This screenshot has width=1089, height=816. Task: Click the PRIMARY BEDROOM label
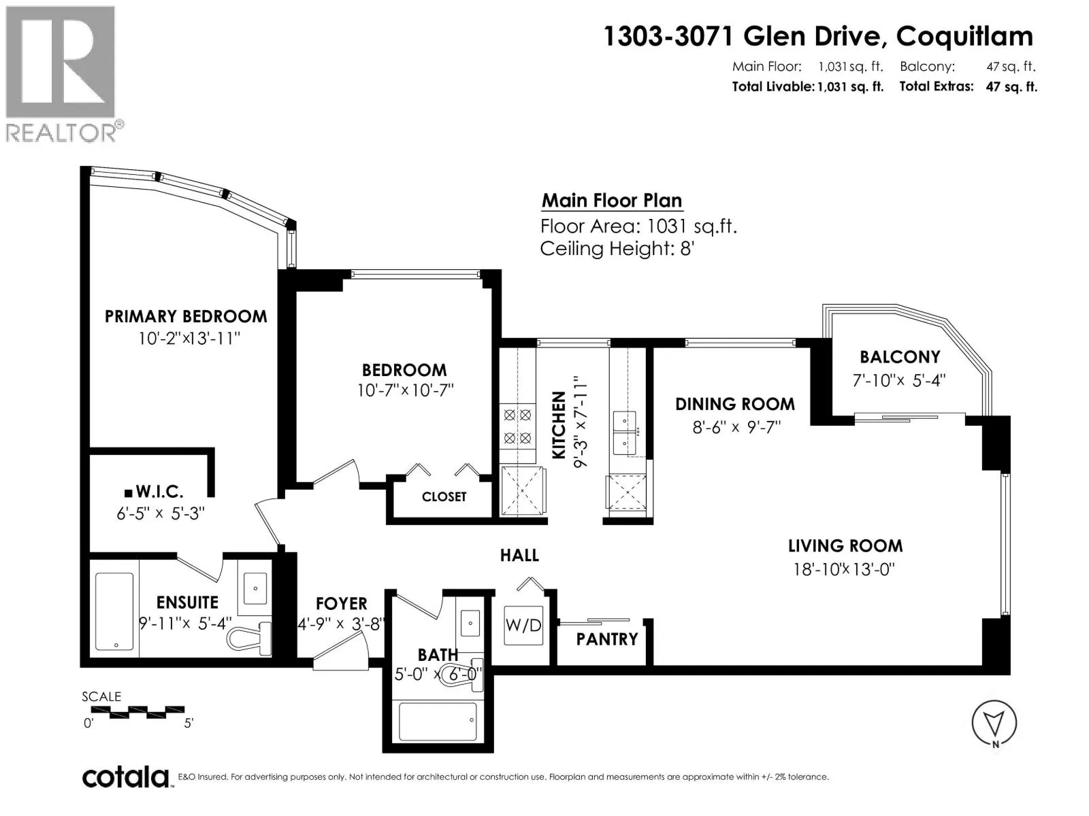(x=186, y=316)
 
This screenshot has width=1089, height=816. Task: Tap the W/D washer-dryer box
(x=523, y=625)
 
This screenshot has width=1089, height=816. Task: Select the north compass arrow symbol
(x=994, y=724)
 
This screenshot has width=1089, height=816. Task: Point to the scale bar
(x=138, y=712)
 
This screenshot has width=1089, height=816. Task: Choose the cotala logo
(x=127, y=778)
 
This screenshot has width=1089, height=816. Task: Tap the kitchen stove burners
(x=517, y=426)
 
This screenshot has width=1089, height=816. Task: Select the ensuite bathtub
(x=114, y=611)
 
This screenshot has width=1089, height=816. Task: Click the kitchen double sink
(x=625, y=432)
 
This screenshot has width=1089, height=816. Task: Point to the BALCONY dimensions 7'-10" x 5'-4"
(x=899, y=381)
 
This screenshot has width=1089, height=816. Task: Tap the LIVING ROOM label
(x=845, y=546)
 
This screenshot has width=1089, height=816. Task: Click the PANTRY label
(x=606, y=640)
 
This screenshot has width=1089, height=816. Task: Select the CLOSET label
(x=444, y=497)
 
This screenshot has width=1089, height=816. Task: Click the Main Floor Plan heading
(x=612, y=200)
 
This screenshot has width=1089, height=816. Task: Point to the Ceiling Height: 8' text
(x=617, y=249)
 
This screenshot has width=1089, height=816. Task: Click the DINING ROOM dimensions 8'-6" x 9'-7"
(x=736, y=427)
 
